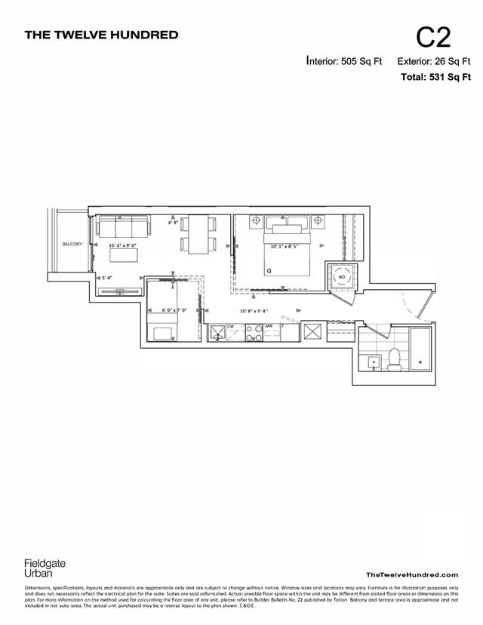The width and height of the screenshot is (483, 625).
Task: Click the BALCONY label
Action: click(x=72, y=244)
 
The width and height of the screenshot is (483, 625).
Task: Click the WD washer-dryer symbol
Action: click(x=341, y=276)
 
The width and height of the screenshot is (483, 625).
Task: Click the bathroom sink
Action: click(x=373, y=362)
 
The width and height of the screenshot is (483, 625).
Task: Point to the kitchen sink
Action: click(x=217, y=332)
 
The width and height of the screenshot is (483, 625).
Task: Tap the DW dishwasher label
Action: click(x=231, y=326)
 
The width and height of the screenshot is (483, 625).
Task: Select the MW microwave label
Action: click(x=269, y=326)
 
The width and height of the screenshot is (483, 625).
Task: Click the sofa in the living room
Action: click(x=123, y=225)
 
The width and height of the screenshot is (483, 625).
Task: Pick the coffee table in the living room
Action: click(x=124, y=255)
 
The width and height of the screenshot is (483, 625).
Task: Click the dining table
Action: click(x=198, y=234)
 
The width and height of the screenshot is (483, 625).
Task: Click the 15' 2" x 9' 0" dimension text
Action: click(x=122, y=245)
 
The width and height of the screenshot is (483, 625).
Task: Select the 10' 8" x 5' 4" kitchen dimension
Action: click(x=254, y=311)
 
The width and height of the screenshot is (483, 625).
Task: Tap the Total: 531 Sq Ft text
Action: click(x=436, y=76)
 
